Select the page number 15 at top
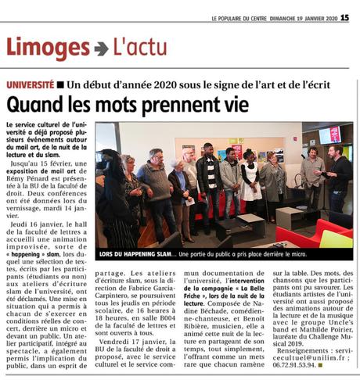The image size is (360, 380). tap(344, 18)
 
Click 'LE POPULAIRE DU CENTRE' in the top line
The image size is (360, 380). tap(239, 19)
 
